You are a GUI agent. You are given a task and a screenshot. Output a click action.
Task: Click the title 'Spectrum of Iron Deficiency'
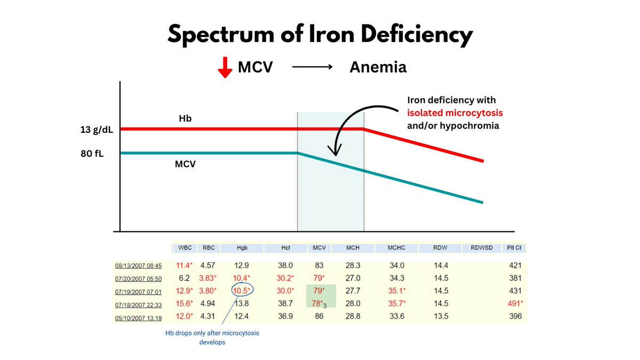point(320,35)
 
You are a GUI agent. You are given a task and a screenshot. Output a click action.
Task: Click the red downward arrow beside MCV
point(226,68)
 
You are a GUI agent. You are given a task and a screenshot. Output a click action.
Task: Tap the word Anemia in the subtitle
point(378,67)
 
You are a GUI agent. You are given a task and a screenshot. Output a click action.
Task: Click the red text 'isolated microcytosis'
point(454,113)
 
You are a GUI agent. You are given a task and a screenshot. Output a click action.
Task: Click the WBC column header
point(185,248)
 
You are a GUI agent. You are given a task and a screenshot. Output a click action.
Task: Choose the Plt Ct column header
point(515,248)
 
